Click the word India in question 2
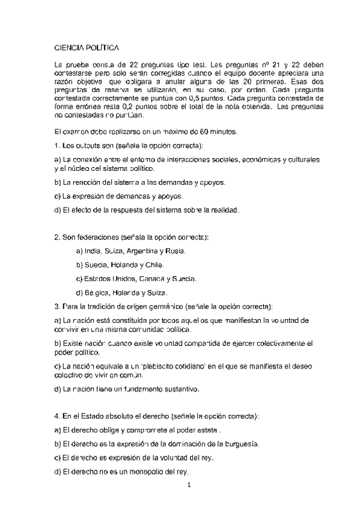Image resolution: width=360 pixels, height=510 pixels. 91,250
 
